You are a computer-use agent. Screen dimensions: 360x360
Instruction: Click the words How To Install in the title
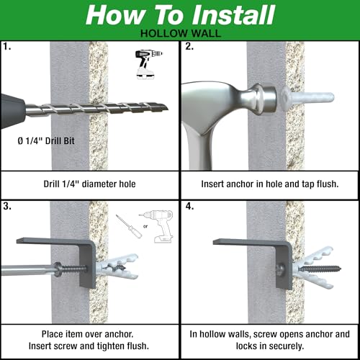click(180, 15)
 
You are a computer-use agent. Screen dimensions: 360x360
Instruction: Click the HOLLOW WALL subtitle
click(181, 33)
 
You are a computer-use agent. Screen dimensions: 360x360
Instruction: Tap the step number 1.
click(7, 46)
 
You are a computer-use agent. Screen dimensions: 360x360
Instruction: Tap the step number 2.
click(189, 46)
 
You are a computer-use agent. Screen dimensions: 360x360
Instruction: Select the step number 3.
click(7, 206)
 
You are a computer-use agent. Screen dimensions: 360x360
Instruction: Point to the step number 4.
click(189, 206)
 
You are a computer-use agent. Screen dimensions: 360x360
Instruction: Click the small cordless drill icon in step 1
click(148, 64)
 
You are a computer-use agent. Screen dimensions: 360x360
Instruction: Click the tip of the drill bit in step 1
click(168, 109)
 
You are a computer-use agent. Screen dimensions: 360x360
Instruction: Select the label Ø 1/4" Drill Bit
click(46, 140)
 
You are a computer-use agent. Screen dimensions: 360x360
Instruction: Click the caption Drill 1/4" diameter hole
click(89, 184)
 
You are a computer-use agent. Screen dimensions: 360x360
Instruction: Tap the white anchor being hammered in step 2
click(307, 98)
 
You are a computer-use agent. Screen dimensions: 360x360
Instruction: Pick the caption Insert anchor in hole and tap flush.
click(270, 184)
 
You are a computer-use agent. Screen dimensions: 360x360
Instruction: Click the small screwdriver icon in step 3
click(129, 226)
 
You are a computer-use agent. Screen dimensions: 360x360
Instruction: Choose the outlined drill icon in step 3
click(160, 227)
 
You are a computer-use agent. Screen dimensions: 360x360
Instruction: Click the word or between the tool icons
click(145, 226)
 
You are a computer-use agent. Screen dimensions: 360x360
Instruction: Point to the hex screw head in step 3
click(58, 269)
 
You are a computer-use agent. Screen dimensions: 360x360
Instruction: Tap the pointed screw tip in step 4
click(341, 269)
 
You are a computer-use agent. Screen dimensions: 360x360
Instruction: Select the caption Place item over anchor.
click(87, 334)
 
